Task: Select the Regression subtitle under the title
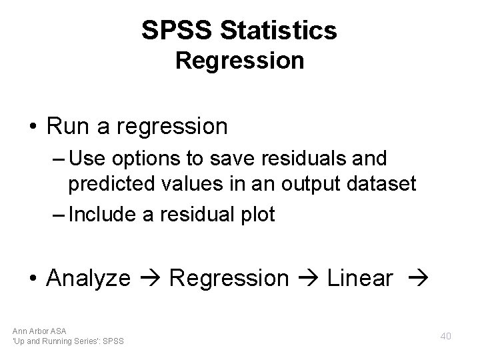(x=239, y=61)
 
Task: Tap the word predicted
(x=113, y=183)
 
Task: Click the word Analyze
(x=88, y=279)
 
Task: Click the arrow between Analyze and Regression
(x=150, y=279)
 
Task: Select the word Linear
(x=360, y=279)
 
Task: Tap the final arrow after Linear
(x=417, y=279)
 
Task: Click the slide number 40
(x=445, y=336)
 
